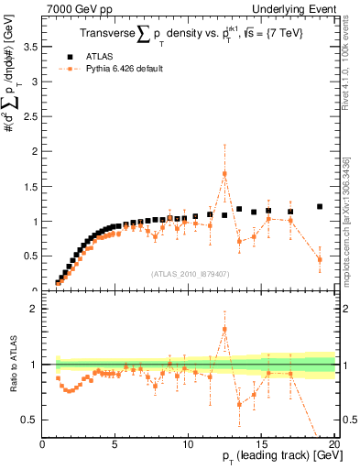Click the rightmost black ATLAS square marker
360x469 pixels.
pos(320,207)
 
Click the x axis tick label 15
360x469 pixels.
pos(261,445)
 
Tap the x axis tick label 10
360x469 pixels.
pos(188,445)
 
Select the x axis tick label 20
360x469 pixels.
pos(333,445)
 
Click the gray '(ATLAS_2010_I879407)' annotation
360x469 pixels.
pos(190,273)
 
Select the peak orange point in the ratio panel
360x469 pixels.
pos(224,330)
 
